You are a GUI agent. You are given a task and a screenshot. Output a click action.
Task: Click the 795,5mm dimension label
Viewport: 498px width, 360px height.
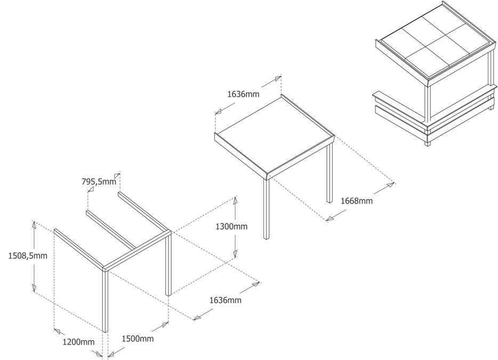pos(99,182)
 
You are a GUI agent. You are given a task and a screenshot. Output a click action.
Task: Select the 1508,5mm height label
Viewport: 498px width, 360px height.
pos(28,255)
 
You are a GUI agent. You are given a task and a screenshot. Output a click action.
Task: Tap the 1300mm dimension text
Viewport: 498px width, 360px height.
pos(231,226)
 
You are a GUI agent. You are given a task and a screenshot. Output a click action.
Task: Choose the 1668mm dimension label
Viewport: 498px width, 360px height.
pos(356,201)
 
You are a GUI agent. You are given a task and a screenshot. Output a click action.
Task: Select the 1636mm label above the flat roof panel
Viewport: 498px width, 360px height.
pos(243,94)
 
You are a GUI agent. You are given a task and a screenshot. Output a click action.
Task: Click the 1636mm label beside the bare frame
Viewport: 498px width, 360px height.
pos(224,300)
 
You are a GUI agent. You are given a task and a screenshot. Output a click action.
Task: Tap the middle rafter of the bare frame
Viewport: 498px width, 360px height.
pos(111,230)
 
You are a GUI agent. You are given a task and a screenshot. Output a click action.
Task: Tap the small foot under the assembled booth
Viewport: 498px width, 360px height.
pos(428,142)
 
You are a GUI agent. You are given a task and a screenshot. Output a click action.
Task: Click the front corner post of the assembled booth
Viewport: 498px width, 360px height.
pos(428,101)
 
